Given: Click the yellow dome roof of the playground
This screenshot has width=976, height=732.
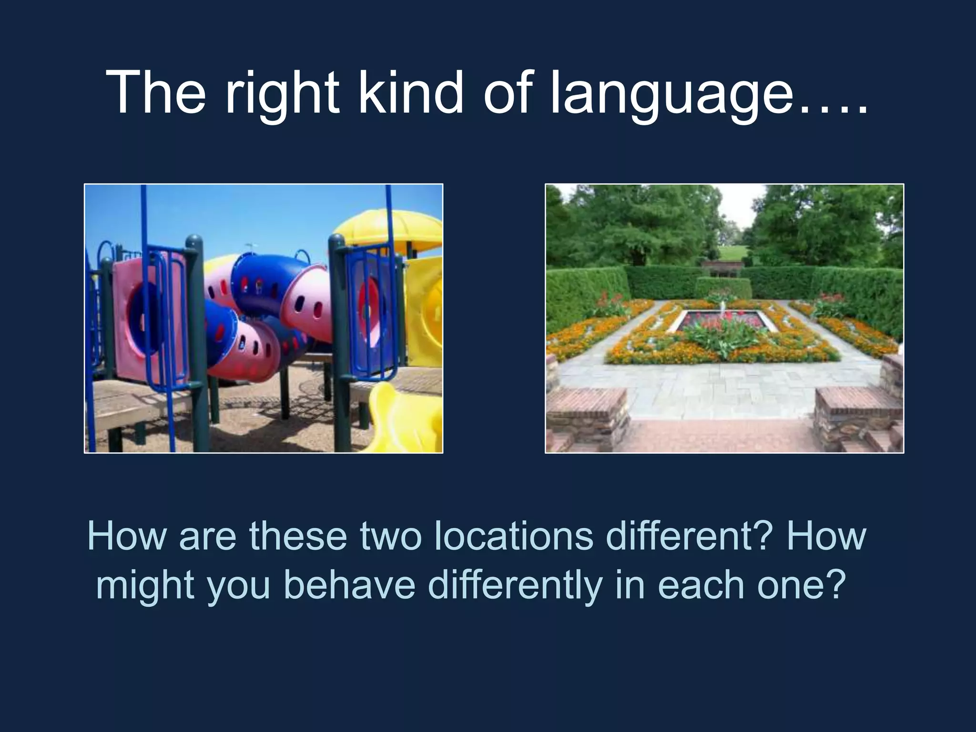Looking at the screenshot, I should pos(388,229).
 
